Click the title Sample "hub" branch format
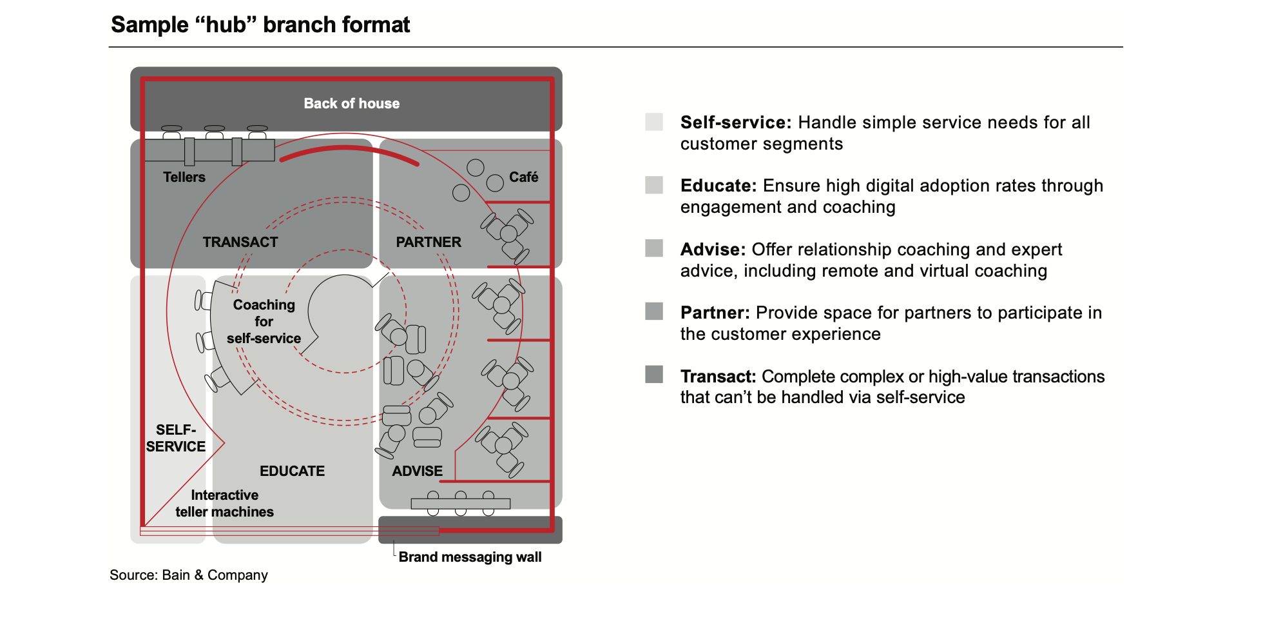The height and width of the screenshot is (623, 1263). (260, 25)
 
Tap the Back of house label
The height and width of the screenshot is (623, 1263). (351, 103)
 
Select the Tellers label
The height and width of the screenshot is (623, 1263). (184, 177)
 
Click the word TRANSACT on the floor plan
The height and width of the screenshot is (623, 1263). (240, 242)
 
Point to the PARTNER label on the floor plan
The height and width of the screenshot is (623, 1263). (428, 242)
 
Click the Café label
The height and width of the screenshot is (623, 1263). (523, 177)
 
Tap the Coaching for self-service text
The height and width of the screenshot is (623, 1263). (264, 321)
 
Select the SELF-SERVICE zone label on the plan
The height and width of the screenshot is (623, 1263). (175, 438)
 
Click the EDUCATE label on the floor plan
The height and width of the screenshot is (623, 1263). (292, 471)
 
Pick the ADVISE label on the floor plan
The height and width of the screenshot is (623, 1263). (417, 471)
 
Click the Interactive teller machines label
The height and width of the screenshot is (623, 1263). (224, 503)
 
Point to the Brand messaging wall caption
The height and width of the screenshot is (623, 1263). (470, 557)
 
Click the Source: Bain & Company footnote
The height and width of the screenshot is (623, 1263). (188, 575)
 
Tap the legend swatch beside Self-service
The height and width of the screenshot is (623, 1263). (654, 122)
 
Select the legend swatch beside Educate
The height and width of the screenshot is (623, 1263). (654, 185)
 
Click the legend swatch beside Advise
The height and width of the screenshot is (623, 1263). (654, 248)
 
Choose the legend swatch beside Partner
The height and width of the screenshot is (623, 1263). (654, 311)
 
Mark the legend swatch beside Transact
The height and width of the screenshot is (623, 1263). (654, 375)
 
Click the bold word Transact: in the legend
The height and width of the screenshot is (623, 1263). (718, 376)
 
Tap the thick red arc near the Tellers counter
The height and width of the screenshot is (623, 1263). (348, 149)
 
